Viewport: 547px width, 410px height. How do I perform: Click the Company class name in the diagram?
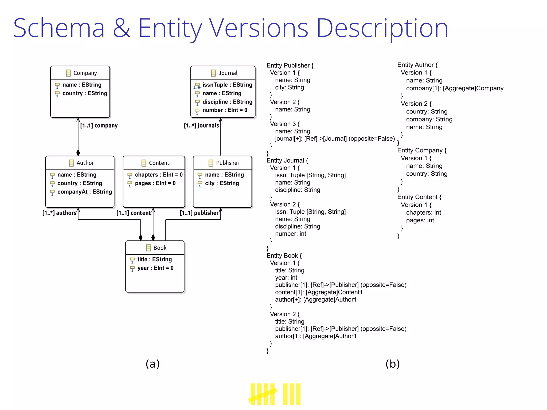pyautogui.click(x=85, y=73)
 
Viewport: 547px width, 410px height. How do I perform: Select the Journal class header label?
pyautogui.click(x=228, y=73)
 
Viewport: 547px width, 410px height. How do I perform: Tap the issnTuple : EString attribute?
pyautogui.click(x=227, y=85)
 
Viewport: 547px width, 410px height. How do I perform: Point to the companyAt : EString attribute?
pyautogui.click(x=84, y=192)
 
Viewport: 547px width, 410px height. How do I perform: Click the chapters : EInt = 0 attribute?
pyautogui.click(x=159, y=175)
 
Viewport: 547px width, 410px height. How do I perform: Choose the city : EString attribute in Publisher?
pyautogui.click(x=222, y=183)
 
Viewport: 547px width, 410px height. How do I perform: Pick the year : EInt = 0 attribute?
pyautogui.click(x=155, y=268)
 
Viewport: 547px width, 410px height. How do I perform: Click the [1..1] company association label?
pyautogui.click(x=99, y=125)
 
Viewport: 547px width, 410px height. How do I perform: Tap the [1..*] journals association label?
pyautogui.click(x=201, y=125)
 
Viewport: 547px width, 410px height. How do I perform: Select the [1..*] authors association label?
pyautogui.click(x=59, y=213)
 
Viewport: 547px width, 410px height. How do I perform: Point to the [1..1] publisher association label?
pyautogui.click(x=199, y=213)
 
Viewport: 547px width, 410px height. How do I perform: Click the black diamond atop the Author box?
pyautogui.click(x=78, y=153)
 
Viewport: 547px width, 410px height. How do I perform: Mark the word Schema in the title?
pyautogui.click(x=59, y=28)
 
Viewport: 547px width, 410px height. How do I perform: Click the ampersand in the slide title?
pyautogui.click(x=122, y=28)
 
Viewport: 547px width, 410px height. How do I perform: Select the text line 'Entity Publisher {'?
pyautogui.click(x=290, y=65)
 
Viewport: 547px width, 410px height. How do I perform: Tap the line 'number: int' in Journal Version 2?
pyautogui.click(x=291, y=234)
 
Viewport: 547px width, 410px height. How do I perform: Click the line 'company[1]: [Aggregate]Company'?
pyautogui.click(x=455, y=88)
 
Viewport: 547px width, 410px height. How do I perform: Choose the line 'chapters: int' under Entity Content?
pyautogui.click(x=423, y=212)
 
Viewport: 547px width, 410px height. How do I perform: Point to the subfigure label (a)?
pyautogui.click(x=153, y=364)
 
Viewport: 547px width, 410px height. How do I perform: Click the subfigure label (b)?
pyautogui.click(x=392, y=364)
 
